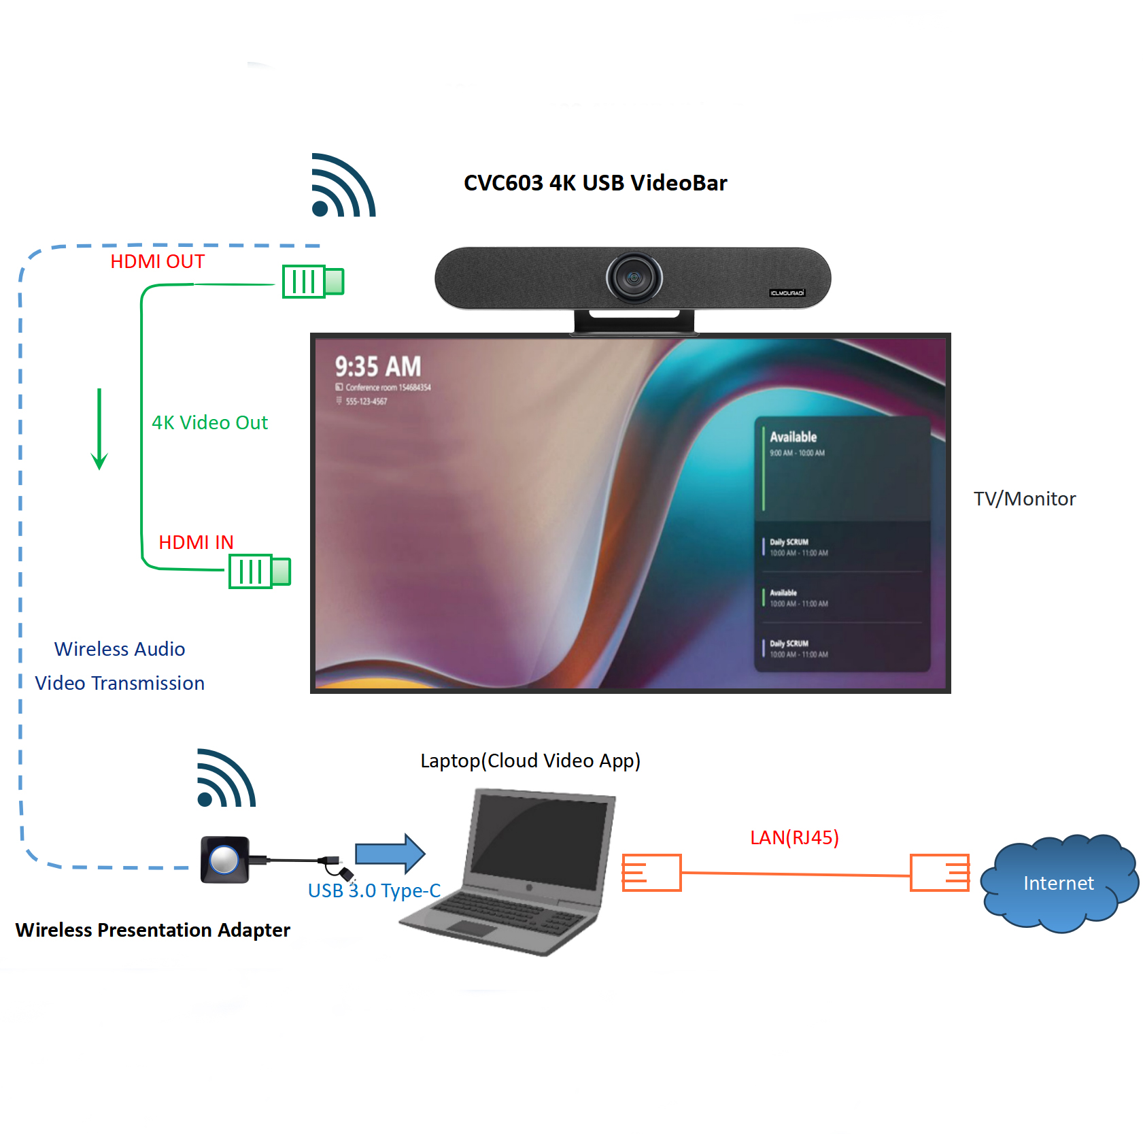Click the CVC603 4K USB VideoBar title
(595, 183)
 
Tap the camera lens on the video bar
(634, 278)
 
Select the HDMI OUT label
(157, 262)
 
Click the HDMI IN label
(196, 542)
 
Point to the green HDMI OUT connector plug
(313, 282)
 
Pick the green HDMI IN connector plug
(260, 571)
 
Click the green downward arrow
(99, 429)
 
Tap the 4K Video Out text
(209, 422)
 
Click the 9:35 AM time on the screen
(377, 367)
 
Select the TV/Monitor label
(1024, 499)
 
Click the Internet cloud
(1058, 883)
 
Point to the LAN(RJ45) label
(794, 837)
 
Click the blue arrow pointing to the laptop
(390, 853)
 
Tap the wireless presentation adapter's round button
(224, 860)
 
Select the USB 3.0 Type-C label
(374, 890)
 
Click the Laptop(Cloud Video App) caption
(530, 761)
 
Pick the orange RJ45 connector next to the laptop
(651, 873)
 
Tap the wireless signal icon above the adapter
(226, 779)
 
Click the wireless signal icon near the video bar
(342, 186)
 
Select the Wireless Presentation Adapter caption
(152, 930)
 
